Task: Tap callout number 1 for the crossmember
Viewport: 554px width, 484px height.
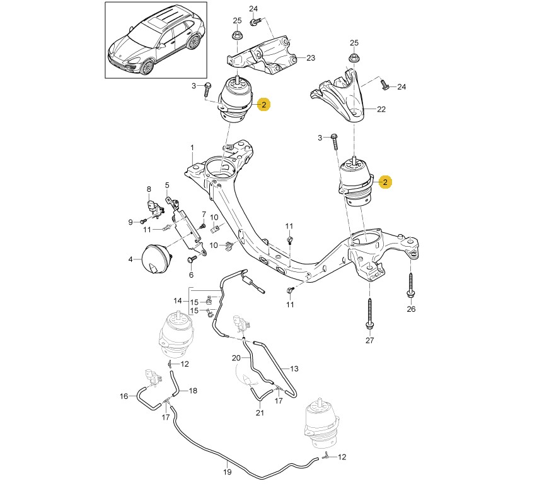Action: pyautogui.click(x=193, y=148)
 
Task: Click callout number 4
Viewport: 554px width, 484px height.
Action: pyautogui.click(x=130, y=259)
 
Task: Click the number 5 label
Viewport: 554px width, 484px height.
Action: pyautogui.click(x=168, y=186)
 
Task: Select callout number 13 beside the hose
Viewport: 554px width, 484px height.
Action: pyautogui.click(x=294, y=369)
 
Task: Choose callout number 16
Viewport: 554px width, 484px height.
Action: pyautogui.click(x=124, y=396)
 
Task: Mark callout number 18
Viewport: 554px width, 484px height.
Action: pyautogui.click(x=193, y=391)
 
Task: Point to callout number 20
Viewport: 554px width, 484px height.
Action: pyautogui.click(x=236, y=358)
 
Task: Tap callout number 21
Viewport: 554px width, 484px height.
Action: pyautogui.click(x=260, y=413)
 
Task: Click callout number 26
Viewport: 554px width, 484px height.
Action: pyautogui.click(x=411, y=309)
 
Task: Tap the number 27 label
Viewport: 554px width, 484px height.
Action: pyautogui.click(x=369, y=341)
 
